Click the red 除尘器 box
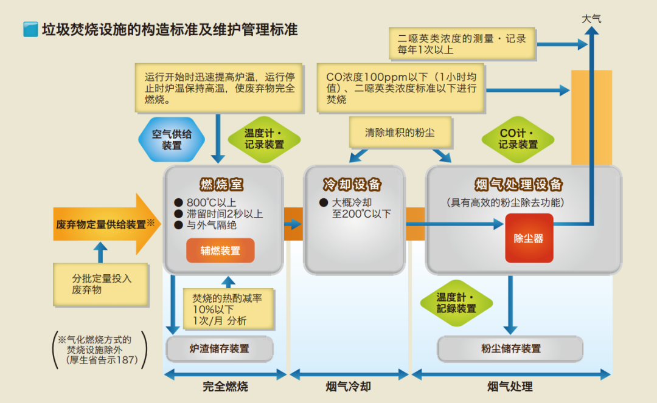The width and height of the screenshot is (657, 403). click(x=529, y=238)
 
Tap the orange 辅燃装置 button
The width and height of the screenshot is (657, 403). click(x=220, y=250)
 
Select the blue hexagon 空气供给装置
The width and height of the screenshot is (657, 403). click(x=172, y=139)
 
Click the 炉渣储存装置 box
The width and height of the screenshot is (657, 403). click(x=220, y=349)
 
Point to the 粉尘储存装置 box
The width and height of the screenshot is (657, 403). click(x=510, y=349)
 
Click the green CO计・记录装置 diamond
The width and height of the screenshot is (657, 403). click(x=518, y=139)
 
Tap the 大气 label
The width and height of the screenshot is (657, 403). click(x=591, y=19)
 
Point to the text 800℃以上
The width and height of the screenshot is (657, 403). click(x=211, y=202)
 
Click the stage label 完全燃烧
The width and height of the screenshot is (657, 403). click(x=226, y=387)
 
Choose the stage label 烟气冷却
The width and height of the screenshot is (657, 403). click(x=349, y=387)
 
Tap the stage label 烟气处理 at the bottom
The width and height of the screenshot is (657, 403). click(x=510, y=387)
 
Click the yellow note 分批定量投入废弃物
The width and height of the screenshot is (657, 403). click(x=101, y=284)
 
